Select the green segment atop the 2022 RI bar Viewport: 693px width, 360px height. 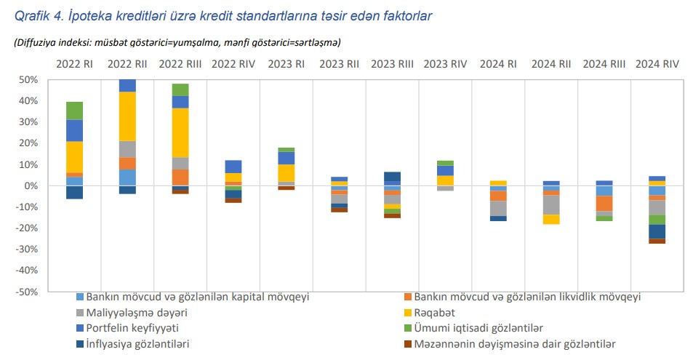point(74,111)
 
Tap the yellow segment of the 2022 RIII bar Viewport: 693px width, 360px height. point(180,132)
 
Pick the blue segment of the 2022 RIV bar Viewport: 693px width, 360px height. point(233,167)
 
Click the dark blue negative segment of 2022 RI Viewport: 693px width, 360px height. point(74,192)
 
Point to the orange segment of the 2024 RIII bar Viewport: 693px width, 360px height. point(604,204)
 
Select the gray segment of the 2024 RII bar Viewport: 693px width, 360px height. point(551,204)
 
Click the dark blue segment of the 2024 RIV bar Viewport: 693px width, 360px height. point(657,231)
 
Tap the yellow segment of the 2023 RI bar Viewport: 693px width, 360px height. point(286,172)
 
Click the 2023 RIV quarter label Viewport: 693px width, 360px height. point(445,64)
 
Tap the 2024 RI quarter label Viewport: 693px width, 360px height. point(498,64)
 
